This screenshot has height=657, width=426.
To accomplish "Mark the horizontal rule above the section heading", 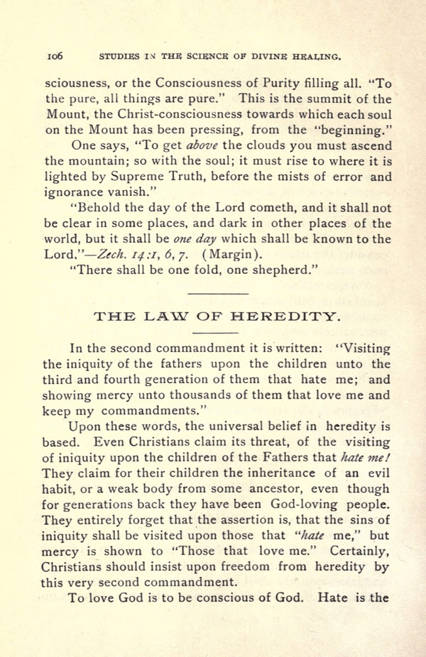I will pos(218,294).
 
